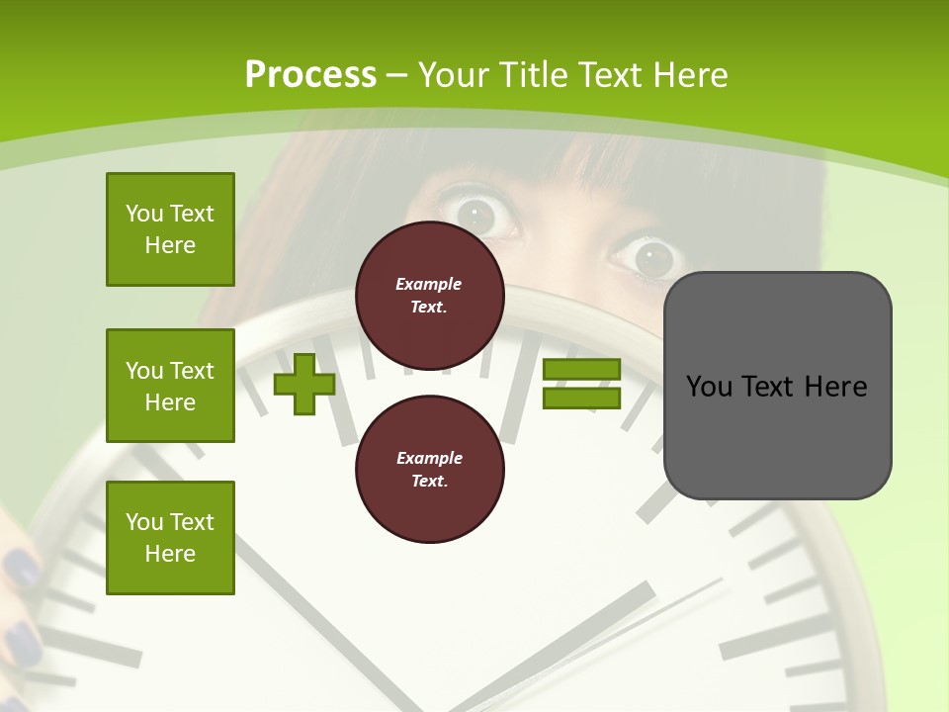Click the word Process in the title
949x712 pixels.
tap(310, 75)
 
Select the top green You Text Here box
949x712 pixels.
tap(170, 229)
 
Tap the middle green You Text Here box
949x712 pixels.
tap(170, 386)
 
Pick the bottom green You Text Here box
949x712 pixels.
tap(170, 538)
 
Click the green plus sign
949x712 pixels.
tap(304, 385)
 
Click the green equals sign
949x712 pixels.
tap(581, 385)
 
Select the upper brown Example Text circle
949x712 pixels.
tap(429, 295)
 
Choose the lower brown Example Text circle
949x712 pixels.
tap(429, 469)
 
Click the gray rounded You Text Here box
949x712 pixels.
tap(777, 386)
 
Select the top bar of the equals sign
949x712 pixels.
tap(581, 370)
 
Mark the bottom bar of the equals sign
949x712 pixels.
tap(581, 399)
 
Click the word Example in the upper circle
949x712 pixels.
tap(429, 284)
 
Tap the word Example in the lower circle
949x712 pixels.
tap(429, 458)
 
